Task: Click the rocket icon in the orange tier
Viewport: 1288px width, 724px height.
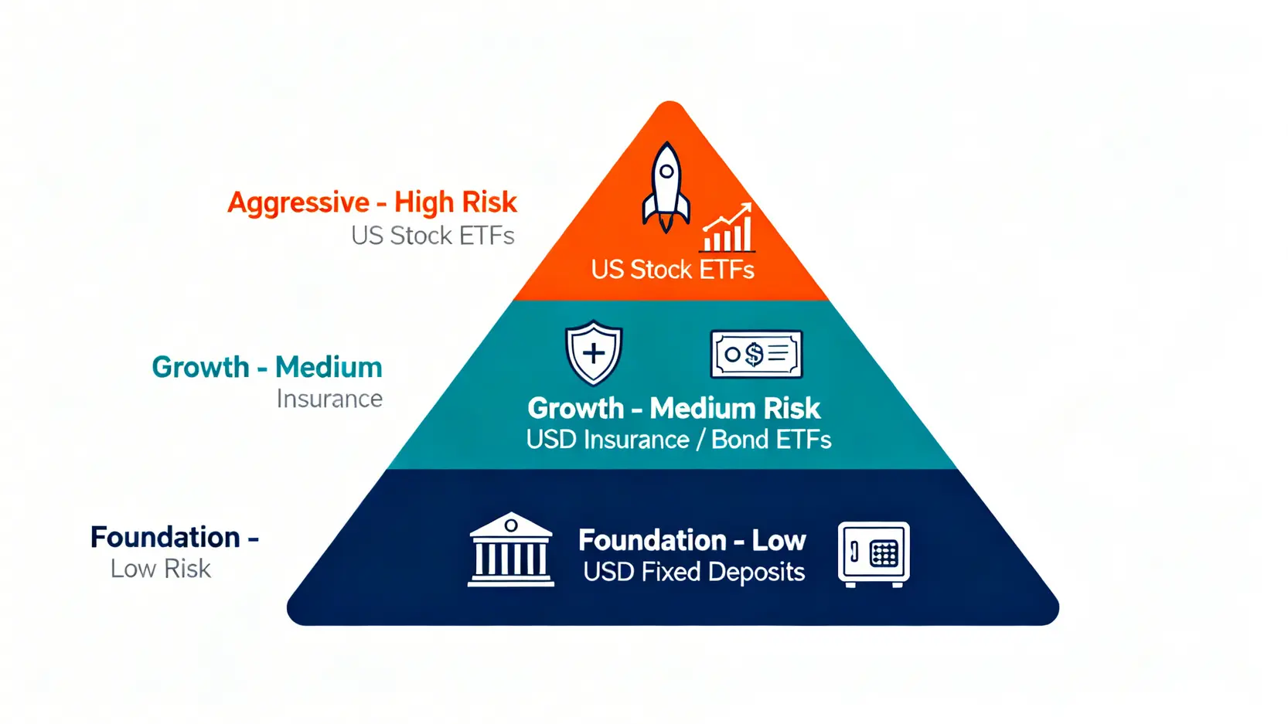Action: click(x=666, y=187)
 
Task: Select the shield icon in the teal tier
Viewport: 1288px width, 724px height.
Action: click(x=593, y=352)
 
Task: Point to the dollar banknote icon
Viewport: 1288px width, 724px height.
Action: click(x=756, y=355)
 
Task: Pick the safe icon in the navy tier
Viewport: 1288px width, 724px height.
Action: click(x=874, y=553)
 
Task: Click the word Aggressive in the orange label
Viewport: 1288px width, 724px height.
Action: click(x=298, y=202)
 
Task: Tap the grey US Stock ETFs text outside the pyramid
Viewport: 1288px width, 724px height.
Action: click(x=432, y=236)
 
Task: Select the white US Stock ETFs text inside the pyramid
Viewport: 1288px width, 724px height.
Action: click(x=673, y=270)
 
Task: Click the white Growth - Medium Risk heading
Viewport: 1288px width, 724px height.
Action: click(x=673, y=408)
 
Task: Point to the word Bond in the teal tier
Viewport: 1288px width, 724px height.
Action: click(x=740, y=440)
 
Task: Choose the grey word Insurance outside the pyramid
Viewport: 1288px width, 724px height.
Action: click(x=329, y=399)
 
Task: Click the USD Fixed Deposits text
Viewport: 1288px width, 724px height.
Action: click(x=693, y=573)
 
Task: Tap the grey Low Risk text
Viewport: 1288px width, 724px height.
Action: click(x=160, y=569)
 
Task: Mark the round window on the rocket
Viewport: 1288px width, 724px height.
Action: click(x=666, y=171)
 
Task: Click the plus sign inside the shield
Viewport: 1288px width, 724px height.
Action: click(x=594, y=353)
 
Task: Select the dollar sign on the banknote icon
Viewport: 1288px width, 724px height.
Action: click(x=754, y=355)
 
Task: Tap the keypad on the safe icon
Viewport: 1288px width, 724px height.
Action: click(x=884, y=553)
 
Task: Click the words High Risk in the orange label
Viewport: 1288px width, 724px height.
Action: click(x=455, y=202)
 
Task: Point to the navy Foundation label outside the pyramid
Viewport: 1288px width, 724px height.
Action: click(x=165, y=537)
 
